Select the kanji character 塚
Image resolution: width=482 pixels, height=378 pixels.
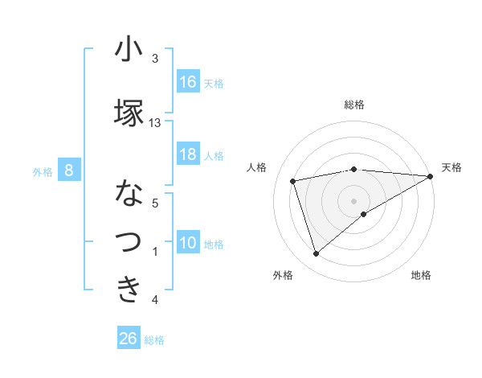point(129,113)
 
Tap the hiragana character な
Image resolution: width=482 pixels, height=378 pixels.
point(129,194)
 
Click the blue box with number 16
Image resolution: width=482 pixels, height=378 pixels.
point(188,82)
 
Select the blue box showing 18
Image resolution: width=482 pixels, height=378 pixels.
point(188,154)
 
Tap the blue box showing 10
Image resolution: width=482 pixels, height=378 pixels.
point(188,243)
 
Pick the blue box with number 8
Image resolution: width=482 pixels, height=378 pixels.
point(69,171)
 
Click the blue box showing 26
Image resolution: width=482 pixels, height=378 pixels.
point(129,339)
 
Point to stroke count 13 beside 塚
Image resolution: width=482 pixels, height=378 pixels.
point(155,123)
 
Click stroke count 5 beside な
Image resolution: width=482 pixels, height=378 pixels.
point(155,203)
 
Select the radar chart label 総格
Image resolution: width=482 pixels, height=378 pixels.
point(354,105)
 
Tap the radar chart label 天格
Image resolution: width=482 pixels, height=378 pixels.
point(451,167)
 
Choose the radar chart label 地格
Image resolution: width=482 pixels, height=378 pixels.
point(421,275)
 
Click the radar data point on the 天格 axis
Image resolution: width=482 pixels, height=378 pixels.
point(431,176)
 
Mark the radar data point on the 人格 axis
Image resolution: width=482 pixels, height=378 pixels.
point(293,180)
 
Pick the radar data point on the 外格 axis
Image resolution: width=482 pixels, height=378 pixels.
point(316,254)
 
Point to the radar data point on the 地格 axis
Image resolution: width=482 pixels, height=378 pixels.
point(364,214)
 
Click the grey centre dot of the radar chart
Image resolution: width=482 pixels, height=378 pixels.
point(354,200)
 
